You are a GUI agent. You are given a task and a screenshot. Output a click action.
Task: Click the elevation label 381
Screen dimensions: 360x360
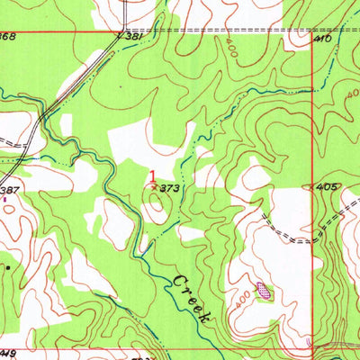pos(133,38)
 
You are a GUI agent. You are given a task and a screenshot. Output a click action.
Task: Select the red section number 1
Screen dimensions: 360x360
pos(152,177)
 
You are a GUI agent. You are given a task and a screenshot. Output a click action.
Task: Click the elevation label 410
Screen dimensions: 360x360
pos(324,40)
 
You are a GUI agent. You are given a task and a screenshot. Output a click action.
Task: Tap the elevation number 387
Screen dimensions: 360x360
pos(10,191)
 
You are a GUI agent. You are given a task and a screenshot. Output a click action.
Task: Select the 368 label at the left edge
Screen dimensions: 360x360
pos(7,36)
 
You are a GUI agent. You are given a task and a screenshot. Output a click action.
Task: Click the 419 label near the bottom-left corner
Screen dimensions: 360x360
pos(9,354)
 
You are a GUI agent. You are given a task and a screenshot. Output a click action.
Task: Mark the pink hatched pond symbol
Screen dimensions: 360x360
pos(263,290)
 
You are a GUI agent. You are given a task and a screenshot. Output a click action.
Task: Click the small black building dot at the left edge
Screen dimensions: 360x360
pos(8,266)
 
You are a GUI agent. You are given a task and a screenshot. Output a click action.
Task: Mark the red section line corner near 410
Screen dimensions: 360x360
pos(311,33)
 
